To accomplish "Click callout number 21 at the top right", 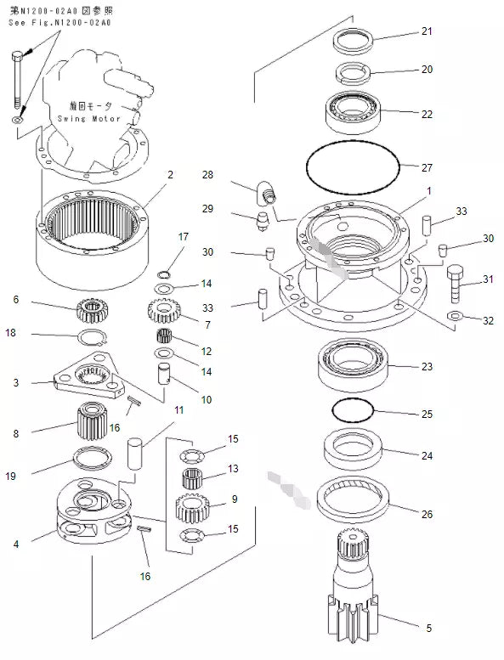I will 427,31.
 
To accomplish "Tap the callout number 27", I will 427,167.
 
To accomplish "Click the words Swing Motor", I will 101,119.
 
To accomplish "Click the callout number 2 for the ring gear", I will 170,174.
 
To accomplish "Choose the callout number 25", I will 427,415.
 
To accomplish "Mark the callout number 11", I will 178,410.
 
